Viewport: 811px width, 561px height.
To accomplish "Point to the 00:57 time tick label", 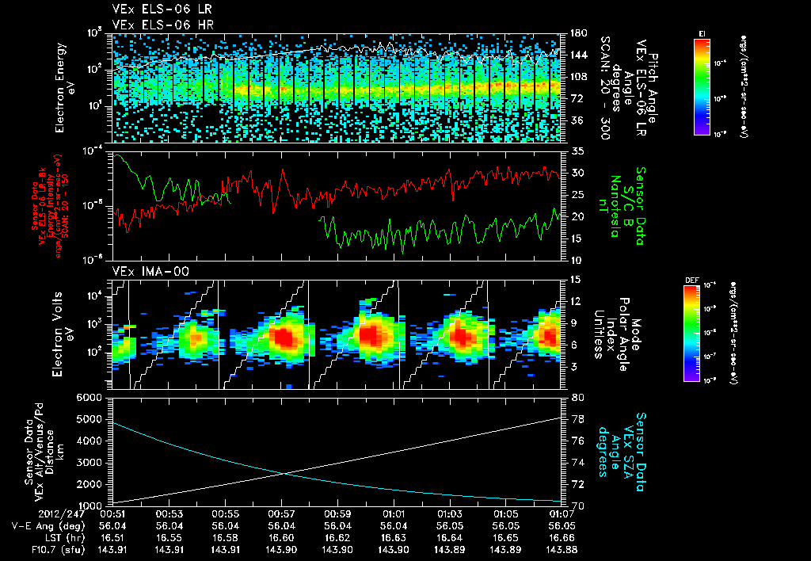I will click(x=282, y=513).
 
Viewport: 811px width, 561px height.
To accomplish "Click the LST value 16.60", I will click(x=282, y=536).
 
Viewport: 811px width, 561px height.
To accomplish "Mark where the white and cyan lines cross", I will click(x=284, y=474).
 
